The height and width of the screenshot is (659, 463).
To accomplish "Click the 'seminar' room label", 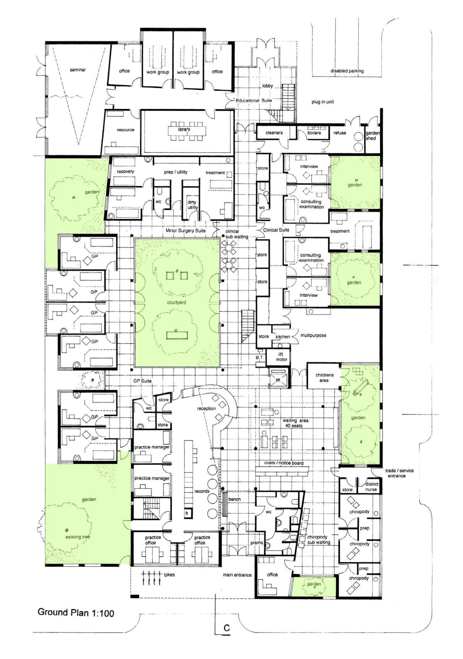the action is click(x=78, y=70).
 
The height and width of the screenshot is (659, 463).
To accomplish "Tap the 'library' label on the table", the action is click(x=184, y=129).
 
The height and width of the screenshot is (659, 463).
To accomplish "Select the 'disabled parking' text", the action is click(x=347, y=71).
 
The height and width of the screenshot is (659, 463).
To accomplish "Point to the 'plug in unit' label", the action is click(x=322, y=102).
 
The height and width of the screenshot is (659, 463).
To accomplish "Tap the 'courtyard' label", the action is click(x=176, y=302).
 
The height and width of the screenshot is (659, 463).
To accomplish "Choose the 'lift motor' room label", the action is click(x=281, y=357).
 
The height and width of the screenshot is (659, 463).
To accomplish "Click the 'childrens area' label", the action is click(x=324, y=378).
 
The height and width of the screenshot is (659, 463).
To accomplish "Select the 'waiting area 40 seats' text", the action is click(x=295, y=423).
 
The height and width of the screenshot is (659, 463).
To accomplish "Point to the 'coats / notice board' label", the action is click(x=284, y=463).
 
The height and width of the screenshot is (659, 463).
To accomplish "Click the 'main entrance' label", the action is click(x=237, y=575).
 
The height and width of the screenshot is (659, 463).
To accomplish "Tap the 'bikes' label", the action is click(x=169, y=574).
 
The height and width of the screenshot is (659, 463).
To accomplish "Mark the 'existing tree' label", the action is click(x=78, y=537).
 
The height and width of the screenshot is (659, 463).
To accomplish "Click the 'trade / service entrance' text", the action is click(x=399, y=473).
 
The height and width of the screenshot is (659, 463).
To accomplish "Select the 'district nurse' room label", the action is click(x=371, y=487).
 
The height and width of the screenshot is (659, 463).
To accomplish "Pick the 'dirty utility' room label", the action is click(x=193, y=205).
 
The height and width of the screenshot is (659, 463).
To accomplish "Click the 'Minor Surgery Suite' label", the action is click(x=185, y=230).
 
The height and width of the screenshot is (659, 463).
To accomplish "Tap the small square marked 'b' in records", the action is click(x=187, y=513).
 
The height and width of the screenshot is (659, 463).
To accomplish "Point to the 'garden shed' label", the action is click(x=372, y=136).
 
